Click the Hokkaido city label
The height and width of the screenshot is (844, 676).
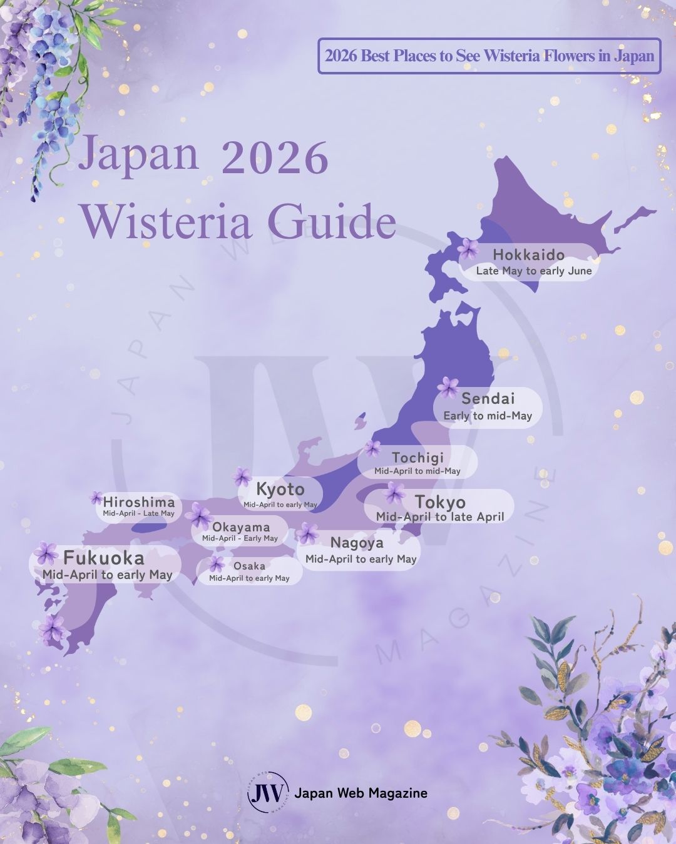tap(528, 255)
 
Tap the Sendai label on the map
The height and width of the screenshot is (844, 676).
tap(488, 398)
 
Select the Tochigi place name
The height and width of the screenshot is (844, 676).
tap(417, 458)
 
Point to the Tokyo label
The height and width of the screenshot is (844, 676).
tap(440, 502)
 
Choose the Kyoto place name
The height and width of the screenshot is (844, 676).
tap(280, 490)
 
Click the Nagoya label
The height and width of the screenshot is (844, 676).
tap(357, 543)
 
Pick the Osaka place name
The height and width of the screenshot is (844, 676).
tap(249, 566)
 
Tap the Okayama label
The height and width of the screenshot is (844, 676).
tap(241, 527)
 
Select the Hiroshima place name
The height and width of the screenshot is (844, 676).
tap(139, 501)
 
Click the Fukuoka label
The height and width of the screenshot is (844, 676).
tap(104, 558)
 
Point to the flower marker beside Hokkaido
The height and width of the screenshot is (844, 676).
tap(468, 249)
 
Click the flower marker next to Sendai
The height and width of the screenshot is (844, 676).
tap(448, 388)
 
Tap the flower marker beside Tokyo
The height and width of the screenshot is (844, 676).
tap(394, 493)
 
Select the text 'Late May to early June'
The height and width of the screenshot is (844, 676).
tap(533, 271)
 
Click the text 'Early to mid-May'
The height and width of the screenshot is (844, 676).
tap(488, 416)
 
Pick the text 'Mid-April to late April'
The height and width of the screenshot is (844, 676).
tap(440, 517)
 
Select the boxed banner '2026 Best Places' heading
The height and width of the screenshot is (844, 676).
tap(489, 56)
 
